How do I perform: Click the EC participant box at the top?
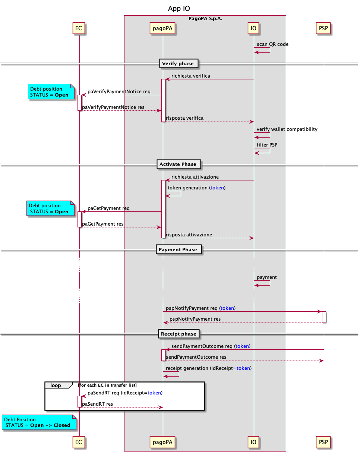coord(79,28)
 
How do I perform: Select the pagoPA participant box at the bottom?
coord(163,442)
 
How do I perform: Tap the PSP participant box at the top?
coord(323,28)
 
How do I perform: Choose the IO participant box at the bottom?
coord(254,442)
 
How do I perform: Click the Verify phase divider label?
coord(178,64)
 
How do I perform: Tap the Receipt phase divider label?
coord(179,334)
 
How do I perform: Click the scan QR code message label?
coord(272,44)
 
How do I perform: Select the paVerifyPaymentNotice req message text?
coord(119,92)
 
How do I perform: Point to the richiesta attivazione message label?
coord(195,177)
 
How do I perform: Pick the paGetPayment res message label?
coord(103,224)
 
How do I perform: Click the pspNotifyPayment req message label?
coord(200,308)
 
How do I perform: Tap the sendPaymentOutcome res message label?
coord(196,357)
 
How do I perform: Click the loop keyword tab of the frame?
coord(56,386)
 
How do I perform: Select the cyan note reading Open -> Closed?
coord(39,422)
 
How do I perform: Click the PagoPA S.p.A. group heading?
coord(205,18)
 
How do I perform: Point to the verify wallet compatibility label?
coord(287,129)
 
